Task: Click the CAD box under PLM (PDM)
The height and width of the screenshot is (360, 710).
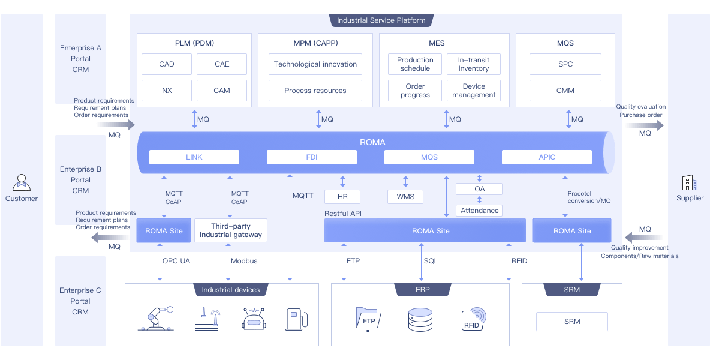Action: coord(167,64)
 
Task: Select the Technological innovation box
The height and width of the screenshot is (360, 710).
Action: coord(315,64)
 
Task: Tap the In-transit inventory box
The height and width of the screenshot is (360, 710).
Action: coord(474,64)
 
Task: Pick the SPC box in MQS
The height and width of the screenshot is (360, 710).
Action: coord(565,64)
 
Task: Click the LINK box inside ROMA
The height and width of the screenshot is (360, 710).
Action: coord(194,157)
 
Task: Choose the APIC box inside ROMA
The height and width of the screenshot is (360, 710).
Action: coord(546,157)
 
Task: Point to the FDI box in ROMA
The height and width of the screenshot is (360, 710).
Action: coord(312,157)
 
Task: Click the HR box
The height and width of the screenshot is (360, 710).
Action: coord(342,197)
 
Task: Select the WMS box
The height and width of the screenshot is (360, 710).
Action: coord(405,197)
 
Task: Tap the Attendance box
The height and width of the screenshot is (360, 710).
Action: coord(479,211)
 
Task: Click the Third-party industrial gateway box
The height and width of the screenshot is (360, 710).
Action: coord(231,230)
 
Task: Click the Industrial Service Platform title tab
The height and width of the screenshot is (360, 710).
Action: coord(381,20)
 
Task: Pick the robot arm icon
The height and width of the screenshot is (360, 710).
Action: coord(155,319)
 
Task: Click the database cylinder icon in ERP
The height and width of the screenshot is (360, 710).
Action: coord(420,320)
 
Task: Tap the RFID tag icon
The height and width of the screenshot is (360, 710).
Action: coord(473,319)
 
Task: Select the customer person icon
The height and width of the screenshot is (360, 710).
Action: coord(21,182)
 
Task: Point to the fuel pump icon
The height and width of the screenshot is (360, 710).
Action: coord(297,319)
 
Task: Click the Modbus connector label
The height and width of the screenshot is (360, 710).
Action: coord(244,261)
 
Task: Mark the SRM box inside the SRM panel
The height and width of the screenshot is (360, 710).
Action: coord(572,322)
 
